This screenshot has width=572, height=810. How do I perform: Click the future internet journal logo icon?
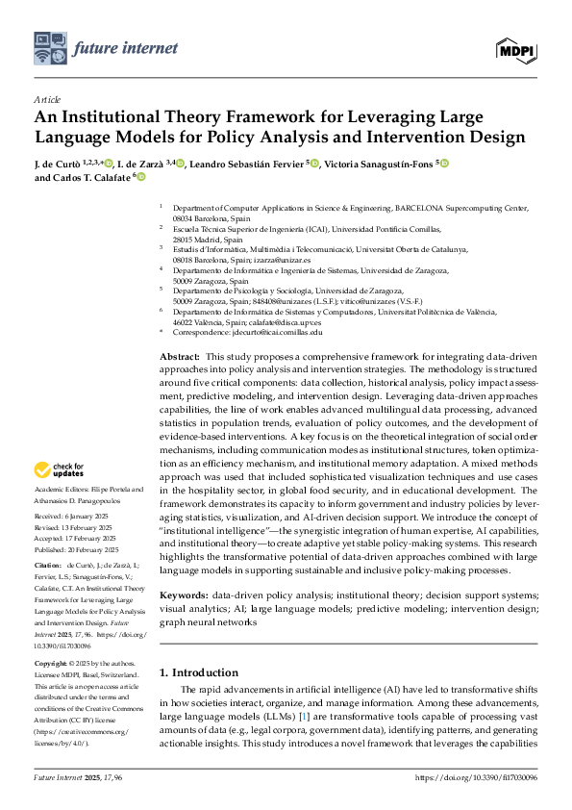(53, 46)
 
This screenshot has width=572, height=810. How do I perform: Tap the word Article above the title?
(46, 99)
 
